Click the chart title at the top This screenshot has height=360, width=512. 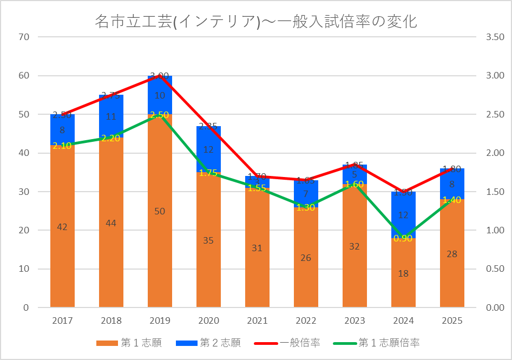click(255, 21)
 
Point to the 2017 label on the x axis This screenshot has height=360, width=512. click(62, 320)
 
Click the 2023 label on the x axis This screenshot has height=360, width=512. click(355, 320)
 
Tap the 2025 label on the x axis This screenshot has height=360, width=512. click(452, 320)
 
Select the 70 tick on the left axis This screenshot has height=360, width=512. click(24, 37)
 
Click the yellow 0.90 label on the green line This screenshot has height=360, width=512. click(403, 238)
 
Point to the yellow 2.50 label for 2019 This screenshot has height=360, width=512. click(160, 115)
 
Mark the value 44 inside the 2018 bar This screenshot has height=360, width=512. click(111, 223)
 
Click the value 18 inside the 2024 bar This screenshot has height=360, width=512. click(403, 274)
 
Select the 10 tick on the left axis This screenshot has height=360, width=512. click(24, 269)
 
